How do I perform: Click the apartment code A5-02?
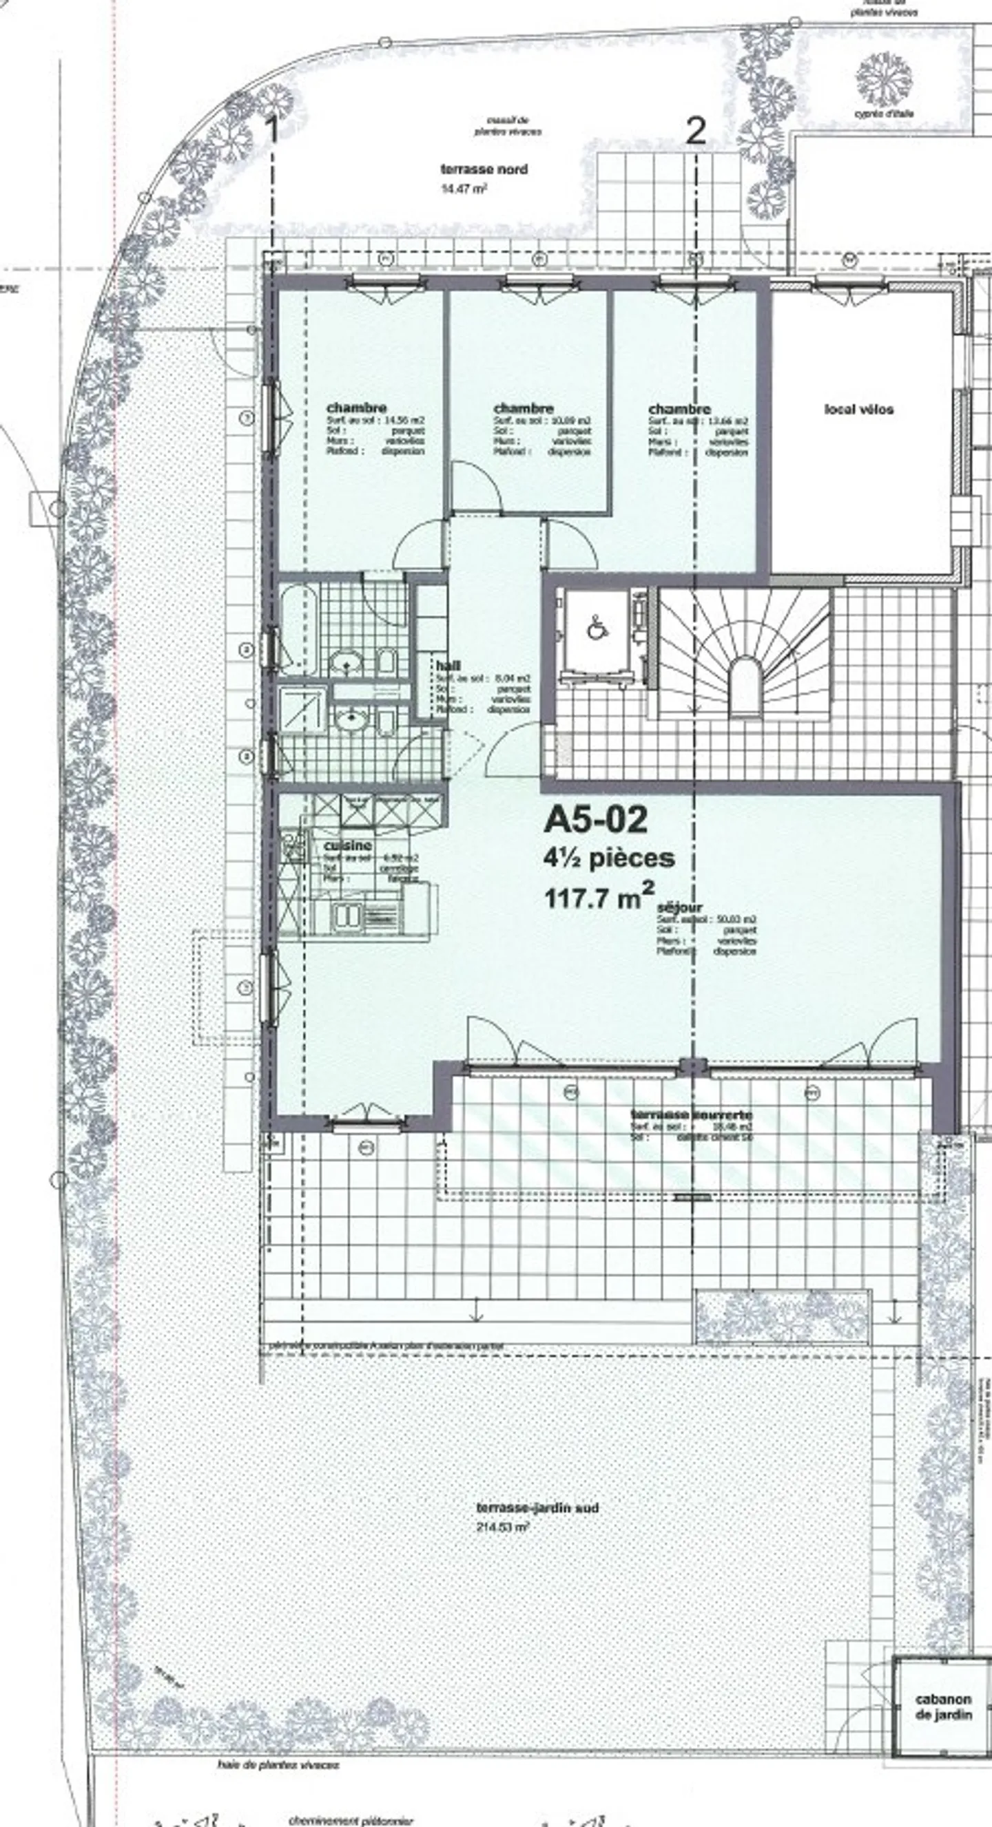(x=595, y=820)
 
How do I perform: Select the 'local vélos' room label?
(x=858, y=409)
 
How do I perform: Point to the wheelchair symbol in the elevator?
(x=596, y=629)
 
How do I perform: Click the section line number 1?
(x=271, y=132)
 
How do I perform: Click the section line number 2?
(x=695, y=131)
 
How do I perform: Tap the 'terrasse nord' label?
(x=484, y=169)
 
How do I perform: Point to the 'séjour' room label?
(x=680, y=907)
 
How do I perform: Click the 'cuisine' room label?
(x=348, y=845)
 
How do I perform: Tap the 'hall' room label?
(x=448, y=665)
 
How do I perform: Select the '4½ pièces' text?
(x=609, y=858)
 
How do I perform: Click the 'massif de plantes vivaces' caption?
(x=508, y=126)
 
